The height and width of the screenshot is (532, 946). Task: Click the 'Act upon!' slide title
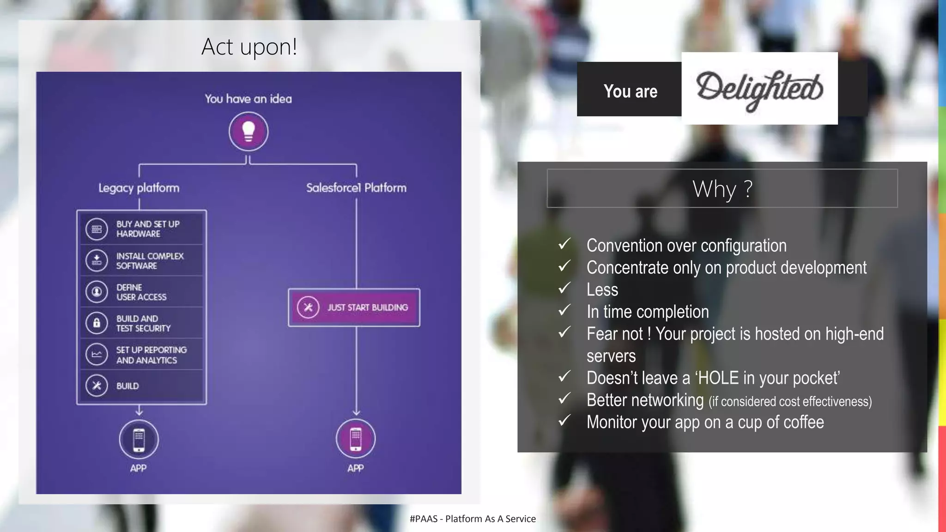pyautogui.click(x=249, y=47)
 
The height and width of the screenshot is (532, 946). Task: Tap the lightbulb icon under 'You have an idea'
pyautogui.click(x=249, y=132)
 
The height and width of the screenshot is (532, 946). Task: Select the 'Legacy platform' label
pyautogui.click(x=139, y=188)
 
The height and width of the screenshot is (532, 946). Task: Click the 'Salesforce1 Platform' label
pyautogui.click(x=356, y=188)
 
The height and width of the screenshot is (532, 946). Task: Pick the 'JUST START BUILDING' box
pyautogui.click(x=354, y=308)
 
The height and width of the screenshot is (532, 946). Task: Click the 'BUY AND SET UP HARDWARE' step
pyautogui.click(x=142, y=229)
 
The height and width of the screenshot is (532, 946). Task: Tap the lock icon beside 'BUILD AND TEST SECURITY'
pyautogui.click(x=97, y=323)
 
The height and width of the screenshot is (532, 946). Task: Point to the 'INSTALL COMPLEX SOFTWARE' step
pyautogui.click(x=142, y=260)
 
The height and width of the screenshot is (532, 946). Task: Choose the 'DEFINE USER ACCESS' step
pyautogui.click(x=142, y=292)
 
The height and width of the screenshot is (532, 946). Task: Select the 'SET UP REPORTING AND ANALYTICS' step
pyautogui.click(x=142, y=355)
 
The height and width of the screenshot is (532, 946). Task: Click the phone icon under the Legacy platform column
pyautogui.click(x=139, y=439)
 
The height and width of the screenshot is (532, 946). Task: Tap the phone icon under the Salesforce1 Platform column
pyautogui.click(x=356, y=439)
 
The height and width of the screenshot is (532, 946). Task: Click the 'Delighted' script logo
pyautogui.click(x=759, y=89)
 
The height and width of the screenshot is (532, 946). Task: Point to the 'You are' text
pyautogui.click(x=630, y=91)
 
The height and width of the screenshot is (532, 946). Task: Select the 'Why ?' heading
pyautogui.click(x=722, y=189)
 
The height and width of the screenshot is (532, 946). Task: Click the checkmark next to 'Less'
pyautogui.click(x=564, y=288)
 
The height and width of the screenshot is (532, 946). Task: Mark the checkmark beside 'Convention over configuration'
pyautogui.click(x=564, y=244)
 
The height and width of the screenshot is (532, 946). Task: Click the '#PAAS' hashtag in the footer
pyautogui.click(x=423, y=519)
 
